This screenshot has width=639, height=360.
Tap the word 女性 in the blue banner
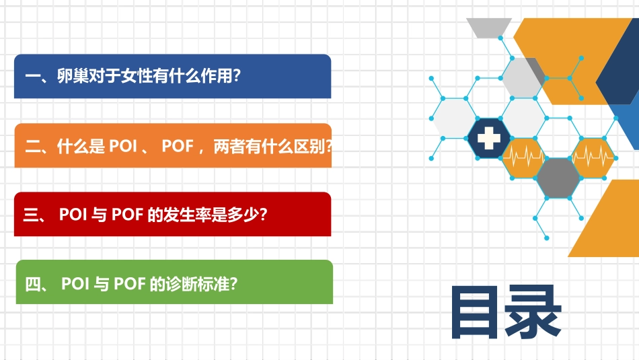(x=137, y=76)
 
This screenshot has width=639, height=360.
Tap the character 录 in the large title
(x=533, y=313)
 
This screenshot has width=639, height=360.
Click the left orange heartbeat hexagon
(x=523, y=157)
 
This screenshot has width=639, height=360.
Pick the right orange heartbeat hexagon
(x=593, y=157)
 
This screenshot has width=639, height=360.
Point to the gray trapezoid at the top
(x=490, y=27)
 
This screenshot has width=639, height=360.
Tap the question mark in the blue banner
(x=235, y=76)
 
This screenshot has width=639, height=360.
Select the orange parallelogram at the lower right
(x=605, y=222)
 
